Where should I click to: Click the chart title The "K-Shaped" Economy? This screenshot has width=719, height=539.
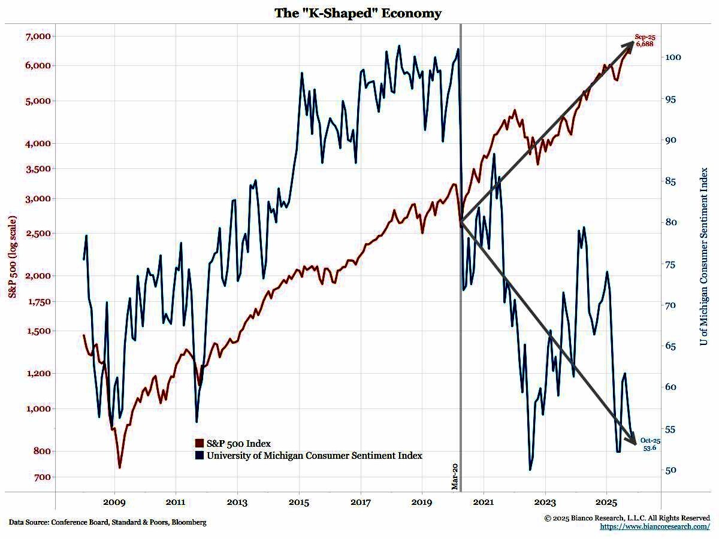pos(358,13)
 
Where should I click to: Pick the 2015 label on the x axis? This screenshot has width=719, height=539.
pos(299,501)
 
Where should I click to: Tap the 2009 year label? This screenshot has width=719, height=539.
pos(114,501)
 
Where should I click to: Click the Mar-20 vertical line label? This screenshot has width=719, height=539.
pos(455,476)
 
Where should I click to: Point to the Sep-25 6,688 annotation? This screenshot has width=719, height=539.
pos(645,40)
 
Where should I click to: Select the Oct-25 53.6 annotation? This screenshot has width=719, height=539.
pos(650,444)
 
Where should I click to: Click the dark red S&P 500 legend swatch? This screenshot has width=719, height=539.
pos(200,443)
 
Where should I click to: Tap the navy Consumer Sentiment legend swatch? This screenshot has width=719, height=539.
pos(200,456)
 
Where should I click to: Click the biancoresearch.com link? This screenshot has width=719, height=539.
pos(655,526)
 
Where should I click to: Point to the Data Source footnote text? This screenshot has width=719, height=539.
pos(108,522)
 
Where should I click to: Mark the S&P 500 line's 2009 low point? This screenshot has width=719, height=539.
pos(120,467)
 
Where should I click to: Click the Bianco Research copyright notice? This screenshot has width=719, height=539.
pos(627,517)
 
